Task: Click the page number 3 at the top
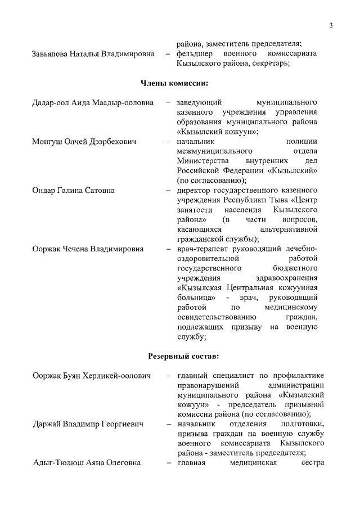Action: pyautogui.click(x=331, y=25)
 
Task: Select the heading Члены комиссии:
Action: pyautogui.click(x=174, y=84)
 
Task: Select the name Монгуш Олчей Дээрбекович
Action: pyautogui.click(x=84, y=141)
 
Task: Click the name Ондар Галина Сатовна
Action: pyautogui.click(x=74, y=190)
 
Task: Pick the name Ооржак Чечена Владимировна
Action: pyautogui.click(x=88, y=249)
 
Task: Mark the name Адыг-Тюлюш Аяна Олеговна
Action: pyautogui.click(x=86, y=463)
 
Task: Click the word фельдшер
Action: pyautogui.click(x=194, y=54)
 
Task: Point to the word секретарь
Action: pyautogui.click(x=271, y=64)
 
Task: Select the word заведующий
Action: pyautogui.click(x=200, y=102)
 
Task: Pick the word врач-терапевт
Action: pyautogui.click(x=202, y=249)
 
